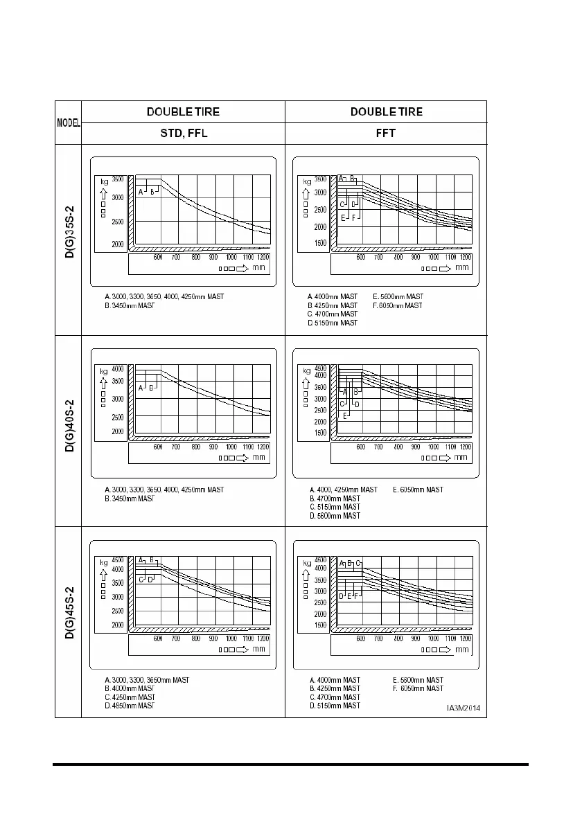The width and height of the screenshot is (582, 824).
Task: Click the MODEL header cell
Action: pyautogui.click(x=68, y=123)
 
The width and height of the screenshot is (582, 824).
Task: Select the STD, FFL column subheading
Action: pyautogui.click(x=184, y=134)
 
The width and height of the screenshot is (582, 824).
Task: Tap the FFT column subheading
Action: pyautogui.click(x=386, y=134)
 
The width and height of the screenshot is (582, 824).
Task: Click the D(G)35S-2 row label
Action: pyautogui.click(x=69, y=240)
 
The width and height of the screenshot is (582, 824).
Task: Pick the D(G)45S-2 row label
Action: pyautogui.click(x=69, y=622)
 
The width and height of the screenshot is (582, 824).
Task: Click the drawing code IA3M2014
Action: pyautogui.click(x=464, y=708)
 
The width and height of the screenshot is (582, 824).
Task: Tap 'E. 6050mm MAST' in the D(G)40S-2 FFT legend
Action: pyautogui.click(x=418, y=490)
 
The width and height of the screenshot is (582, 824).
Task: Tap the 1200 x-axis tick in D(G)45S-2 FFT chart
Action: pyautogui.click(x=466, y=638)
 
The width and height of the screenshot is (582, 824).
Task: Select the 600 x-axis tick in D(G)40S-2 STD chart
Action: pyautogui.click(x=158, y=447)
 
